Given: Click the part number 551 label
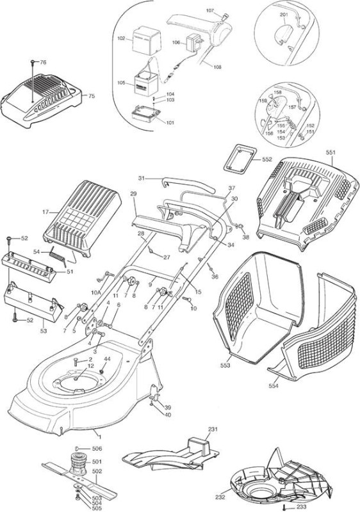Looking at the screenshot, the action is click(331, 152).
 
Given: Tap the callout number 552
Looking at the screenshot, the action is click(267, 159).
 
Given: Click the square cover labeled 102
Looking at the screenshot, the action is click(146, 41).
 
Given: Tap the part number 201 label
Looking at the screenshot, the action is click(284, 15).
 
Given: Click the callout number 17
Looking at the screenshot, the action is click(45, 212).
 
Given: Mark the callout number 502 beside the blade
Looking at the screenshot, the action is click(97, 471).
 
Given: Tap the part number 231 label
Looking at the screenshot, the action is click(213, 429).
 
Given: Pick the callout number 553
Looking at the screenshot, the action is click(225, 365).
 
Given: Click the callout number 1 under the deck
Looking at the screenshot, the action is click(100, 437).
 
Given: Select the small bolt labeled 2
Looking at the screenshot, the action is click(76, 361).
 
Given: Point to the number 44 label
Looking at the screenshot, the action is click(107, 359).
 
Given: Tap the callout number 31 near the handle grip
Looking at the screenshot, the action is click(141, 179).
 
